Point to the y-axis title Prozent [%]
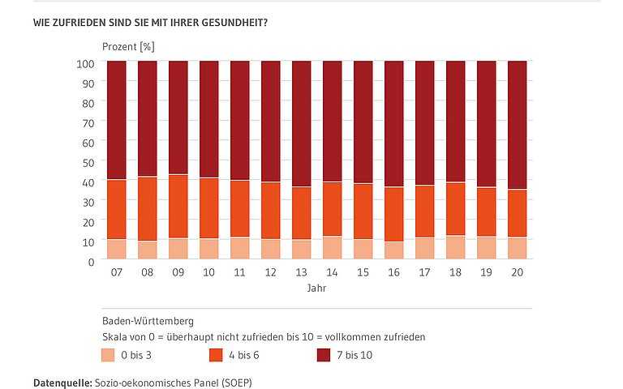(x=127, y=46)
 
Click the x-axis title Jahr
(x=316, y=288)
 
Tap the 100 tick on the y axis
(x=87, y=62)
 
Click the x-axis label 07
(x=116, y=273)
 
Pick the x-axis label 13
(x=301, y=273)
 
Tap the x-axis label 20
(x=517, y=273)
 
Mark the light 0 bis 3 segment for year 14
(x=332, y=247)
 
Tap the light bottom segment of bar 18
(x=455, y=247)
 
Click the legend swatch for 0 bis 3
(x=108, y=354)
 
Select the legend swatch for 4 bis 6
(x=215, y=354)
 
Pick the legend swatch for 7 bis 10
(x=323, y=354)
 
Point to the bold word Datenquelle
(x=62, y=380)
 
